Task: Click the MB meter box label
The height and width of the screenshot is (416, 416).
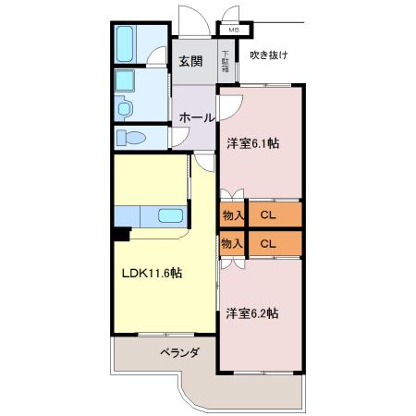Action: coord(233,31)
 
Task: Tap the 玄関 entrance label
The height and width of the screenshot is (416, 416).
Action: coord(191,61)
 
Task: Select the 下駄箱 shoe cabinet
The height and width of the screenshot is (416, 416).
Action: coord(226,61)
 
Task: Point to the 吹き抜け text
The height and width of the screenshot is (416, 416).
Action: coord(269,55)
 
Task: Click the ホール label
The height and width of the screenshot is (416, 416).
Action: coord(196,117)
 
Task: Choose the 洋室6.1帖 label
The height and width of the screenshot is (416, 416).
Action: coord(253,143)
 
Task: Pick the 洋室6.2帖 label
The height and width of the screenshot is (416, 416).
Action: coord(252,313)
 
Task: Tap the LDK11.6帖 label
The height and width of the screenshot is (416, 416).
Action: coord(152,273)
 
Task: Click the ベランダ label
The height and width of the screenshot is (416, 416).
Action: coord(179,352)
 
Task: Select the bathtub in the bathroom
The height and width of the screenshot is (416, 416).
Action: coord(125,43)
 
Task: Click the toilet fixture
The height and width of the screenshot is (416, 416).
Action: coord(131,138)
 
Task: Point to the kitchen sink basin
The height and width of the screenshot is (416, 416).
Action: coord(170,215)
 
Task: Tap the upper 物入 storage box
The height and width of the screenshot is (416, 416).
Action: coord(232,214)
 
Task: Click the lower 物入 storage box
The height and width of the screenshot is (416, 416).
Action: coord(232,243)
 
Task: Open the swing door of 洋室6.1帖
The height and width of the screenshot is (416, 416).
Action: coord(230,107)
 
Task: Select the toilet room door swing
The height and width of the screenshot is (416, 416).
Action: coord(179,137)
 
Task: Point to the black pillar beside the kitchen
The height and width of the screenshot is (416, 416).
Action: coord(121,234)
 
